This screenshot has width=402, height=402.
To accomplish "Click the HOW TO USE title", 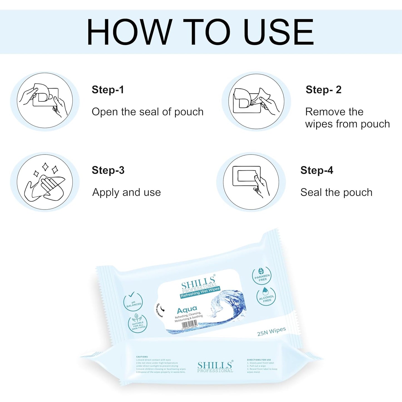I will [200, 32].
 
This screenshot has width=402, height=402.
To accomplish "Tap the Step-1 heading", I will [108, 90].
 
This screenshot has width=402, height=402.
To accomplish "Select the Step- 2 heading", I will [323, 90].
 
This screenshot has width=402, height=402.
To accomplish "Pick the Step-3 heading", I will [108, 170].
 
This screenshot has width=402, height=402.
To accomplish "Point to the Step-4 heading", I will [317, 170].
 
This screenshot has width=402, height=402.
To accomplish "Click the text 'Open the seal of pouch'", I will [147, 112].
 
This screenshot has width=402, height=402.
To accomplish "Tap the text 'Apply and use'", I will [127, 193].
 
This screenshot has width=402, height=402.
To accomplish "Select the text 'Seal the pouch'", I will [336, 193].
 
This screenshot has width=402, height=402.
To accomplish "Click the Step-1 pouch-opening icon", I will [45, 100].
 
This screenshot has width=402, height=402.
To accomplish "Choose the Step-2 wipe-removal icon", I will [256, 101].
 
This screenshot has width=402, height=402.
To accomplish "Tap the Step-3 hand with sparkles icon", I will [45, 182].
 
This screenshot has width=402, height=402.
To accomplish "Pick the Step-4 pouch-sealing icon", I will [251, 182].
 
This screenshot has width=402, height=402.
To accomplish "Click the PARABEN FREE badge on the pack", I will [262, 276].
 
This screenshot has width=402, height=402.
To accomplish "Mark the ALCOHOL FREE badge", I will [266, 296].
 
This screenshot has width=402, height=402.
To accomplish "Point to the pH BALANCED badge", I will [133, 301].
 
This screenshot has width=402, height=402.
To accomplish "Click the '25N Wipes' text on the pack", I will [271, 331].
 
